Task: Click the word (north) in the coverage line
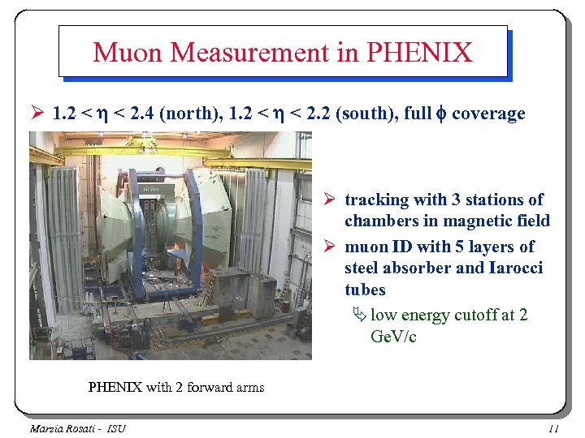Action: click(x=188, y=114)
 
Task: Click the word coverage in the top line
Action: click(x=488, y=114)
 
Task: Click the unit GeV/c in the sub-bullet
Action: click(x=393, y=336)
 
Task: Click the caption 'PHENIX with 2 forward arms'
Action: click(x=175, y=387)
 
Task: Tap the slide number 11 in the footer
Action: click(x=554, y=427)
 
